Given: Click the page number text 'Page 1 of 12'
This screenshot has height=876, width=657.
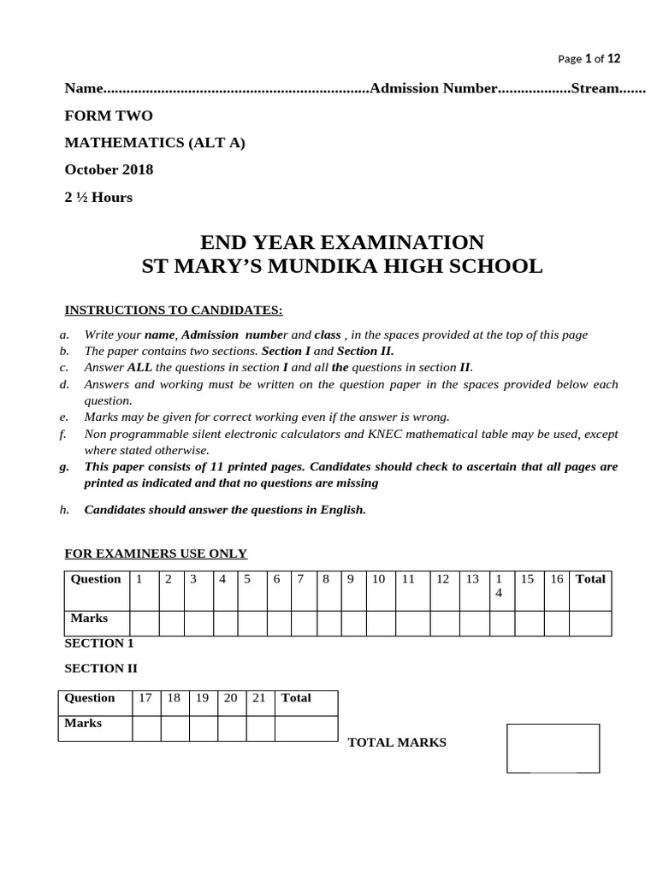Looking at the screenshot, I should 589,59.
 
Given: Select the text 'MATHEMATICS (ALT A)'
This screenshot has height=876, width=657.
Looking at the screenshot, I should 155,143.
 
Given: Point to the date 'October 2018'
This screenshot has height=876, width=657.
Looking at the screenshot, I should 109,169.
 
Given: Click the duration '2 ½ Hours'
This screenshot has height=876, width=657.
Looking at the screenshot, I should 98,197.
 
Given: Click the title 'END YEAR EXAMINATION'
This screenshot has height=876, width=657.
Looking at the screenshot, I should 341,242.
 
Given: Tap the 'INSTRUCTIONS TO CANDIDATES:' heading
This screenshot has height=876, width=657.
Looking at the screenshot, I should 174,309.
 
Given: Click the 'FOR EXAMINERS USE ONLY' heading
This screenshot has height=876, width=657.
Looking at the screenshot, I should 156,553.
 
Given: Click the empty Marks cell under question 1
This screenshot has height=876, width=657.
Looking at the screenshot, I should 144,624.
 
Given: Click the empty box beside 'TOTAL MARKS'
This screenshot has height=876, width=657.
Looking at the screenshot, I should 553,748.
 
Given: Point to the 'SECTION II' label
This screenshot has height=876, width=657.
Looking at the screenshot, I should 101,669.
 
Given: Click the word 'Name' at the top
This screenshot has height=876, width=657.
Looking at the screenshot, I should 84,89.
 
